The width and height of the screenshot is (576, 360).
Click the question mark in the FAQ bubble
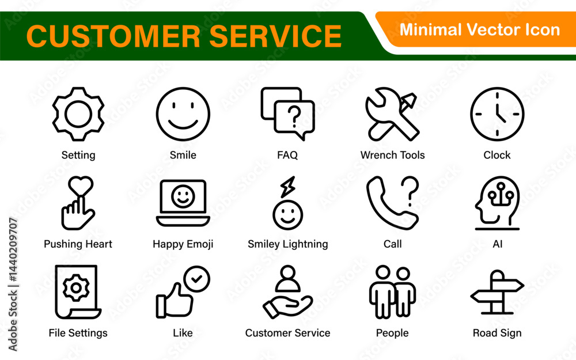tap(294, 116)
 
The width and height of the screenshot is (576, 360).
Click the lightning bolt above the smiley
tap(287, 187)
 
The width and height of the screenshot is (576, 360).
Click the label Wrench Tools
tap(392, 155)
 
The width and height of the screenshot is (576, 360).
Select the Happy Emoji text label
tap(183, 244)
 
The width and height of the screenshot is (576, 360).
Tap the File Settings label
tap(78, 333)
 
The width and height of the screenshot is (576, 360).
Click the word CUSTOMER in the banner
tap(113, 36)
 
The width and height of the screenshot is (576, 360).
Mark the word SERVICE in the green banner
tap(275, 36)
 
